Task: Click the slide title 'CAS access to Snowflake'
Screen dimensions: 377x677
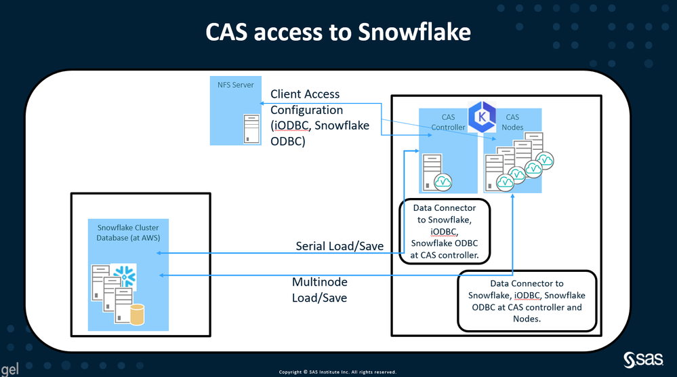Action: click(338, 33)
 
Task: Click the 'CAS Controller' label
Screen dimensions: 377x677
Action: click(448, 122)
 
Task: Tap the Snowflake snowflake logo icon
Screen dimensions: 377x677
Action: click(125, 275)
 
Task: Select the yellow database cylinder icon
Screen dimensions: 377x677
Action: click(138, 315)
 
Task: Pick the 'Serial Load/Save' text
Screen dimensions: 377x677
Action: click(340, 246)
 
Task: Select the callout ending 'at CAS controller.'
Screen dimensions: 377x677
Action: click(445, 231)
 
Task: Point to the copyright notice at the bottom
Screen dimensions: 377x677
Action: click(337, 372)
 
